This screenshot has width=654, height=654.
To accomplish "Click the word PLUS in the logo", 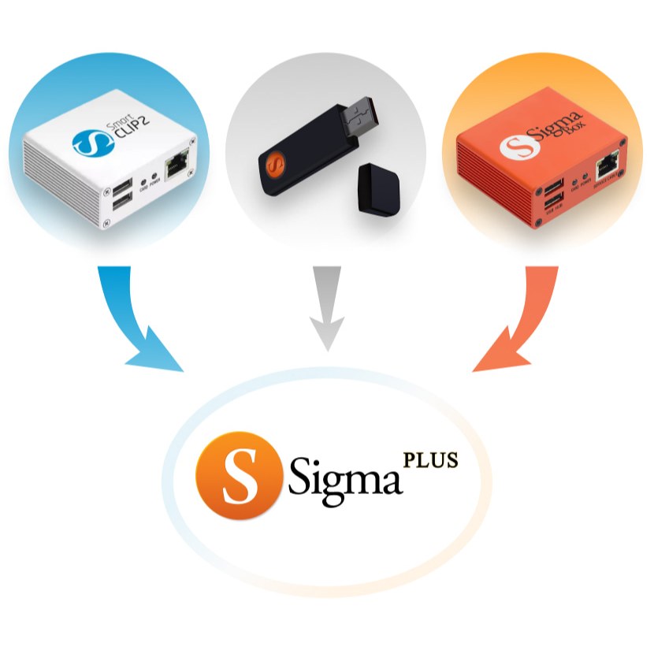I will pyautogui.click(x=430, y=459).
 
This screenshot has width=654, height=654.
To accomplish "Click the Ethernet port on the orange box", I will pyautogui.click(x=608, y=165).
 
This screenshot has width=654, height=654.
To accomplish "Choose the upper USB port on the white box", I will pyautogui.click(x=123, y=188).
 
